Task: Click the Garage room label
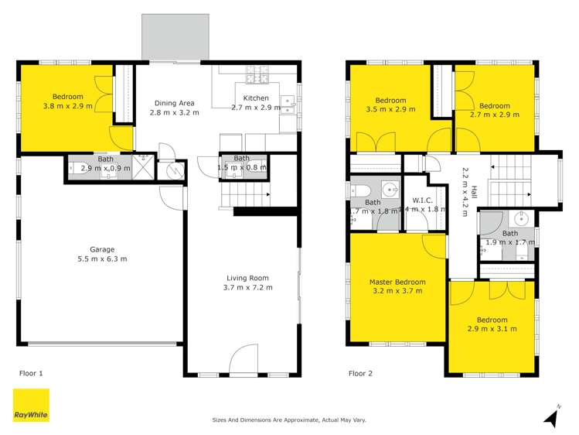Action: [x=102, y=249]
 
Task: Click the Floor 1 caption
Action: [x=31, y=373]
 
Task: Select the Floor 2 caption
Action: [x=360, y=373]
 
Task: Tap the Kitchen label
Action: [x=256, y=98]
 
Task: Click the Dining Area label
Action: [x=173, y=103]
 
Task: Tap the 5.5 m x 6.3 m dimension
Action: [x=102, y=259]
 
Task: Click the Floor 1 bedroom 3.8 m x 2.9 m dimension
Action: [x=68, y=106]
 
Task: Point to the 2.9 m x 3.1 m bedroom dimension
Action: [x=492, y=329]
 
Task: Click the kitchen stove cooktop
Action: [x=257, y=75]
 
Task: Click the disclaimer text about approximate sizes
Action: [x=289, y=420]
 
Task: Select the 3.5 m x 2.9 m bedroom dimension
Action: [x=390, y=109]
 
